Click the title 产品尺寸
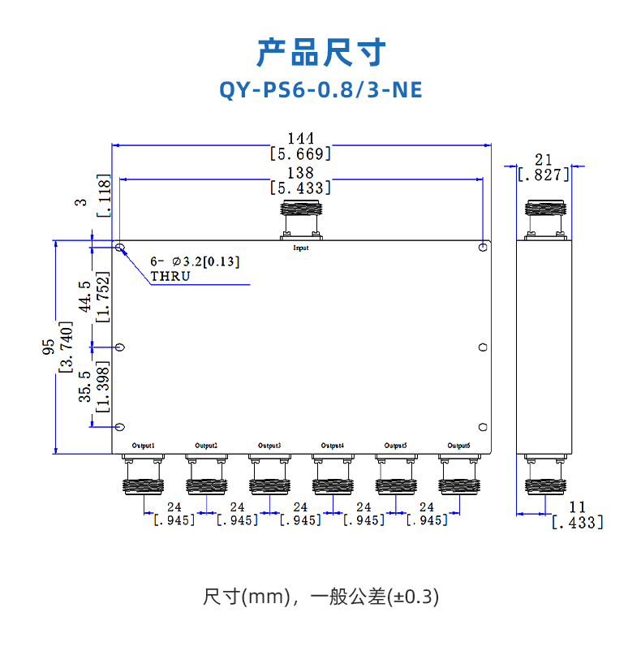click(x=320, y=53)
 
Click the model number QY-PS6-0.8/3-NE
click(x=320, y=89)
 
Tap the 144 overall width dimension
click(x=300, y=139)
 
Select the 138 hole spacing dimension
click(x=300, y=173)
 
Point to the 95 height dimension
click(x=49, y=347)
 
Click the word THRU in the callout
click(x=170, y=276)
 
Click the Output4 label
click(x=333, y=446)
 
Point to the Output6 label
click(x=458, y=446)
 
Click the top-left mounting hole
click(x=120, y=248)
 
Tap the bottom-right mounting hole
click(x=482, y=428)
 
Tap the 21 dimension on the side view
click(x=544, y=159)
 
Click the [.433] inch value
click(x=577, y=524)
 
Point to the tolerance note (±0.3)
click(x=413, y=598)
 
